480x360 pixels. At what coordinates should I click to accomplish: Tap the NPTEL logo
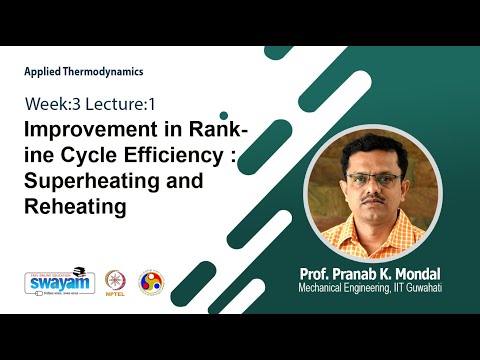(x=112, y=283)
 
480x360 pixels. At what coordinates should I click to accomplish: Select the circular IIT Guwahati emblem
(x=150, y=283)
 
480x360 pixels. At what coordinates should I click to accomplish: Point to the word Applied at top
(x=45, y=72)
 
